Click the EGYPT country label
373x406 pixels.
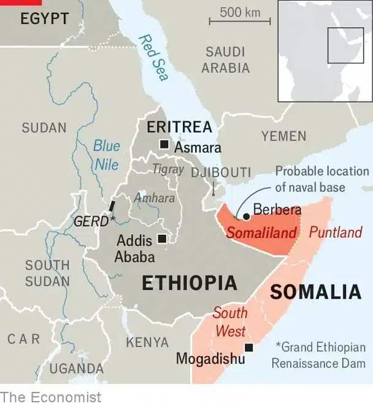click(44, 19)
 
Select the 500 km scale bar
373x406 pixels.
click(239, 21)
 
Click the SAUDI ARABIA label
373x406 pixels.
click(226, 59)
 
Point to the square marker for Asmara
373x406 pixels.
click(164, 145)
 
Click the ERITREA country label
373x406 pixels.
click(179, 128)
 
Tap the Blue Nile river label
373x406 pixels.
click(107, 155)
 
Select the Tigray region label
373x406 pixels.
click(167, 169)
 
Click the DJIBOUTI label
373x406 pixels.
click(221, 172)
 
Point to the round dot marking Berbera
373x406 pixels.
click(246, 216)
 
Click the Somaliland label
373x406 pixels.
click(261, 233)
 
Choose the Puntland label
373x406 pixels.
click(336, 232)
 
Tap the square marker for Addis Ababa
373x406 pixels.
click(161, 239)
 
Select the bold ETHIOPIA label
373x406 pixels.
click(190, 283)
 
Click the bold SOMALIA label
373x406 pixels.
click(315, 292)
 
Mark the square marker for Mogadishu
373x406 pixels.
click(248, 348)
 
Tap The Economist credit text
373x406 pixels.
click(50, 397)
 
